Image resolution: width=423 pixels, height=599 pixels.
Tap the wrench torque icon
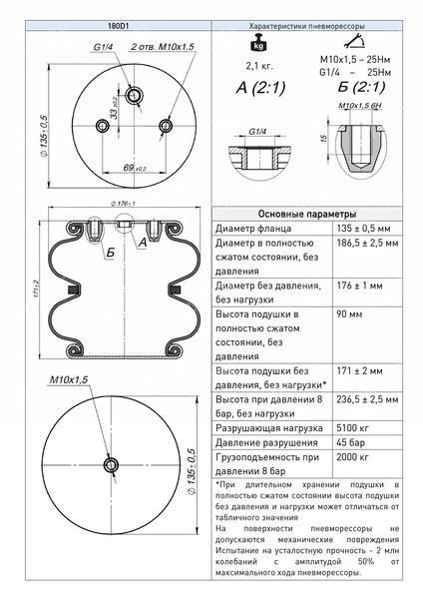tap(354, 41)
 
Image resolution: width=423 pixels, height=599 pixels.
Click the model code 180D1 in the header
tap(118, 26)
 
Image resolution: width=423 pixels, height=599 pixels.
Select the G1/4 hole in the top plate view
tap(134, 95)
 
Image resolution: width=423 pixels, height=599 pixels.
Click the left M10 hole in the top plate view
tap(102, 126)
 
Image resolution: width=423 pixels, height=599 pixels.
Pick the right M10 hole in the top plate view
tap(166, 125)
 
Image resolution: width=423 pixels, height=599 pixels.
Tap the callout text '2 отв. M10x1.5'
tap(163, 47)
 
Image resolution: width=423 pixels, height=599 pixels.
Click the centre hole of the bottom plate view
tap(111, 464)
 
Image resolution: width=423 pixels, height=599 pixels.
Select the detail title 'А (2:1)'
tap(260, 88)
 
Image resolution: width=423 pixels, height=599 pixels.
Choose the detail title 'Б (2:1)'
tap(361, 88)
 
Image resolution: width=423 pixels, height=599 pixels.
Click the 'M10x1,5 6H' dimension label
tap(360, 106)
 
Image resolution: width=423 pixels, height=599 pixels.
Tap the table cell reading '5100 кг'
tap(352, 428)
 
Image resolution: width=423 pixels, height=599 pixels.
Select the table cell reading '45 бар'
tap(350, 442)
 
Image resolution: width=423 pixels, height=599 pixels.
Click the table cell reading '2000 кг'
tap(352, 457)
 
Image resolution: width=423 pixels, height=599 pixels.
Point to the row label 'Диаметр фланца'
tap(253, 229)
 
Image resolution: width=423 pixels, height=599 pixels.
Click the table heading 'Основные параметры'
tap(307, 214)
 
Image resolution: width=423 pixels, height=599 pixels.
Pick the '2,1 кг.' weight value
tap(259, 66)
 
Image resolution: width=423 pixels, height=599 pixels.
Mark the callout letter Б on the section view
tap(111, 253)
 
